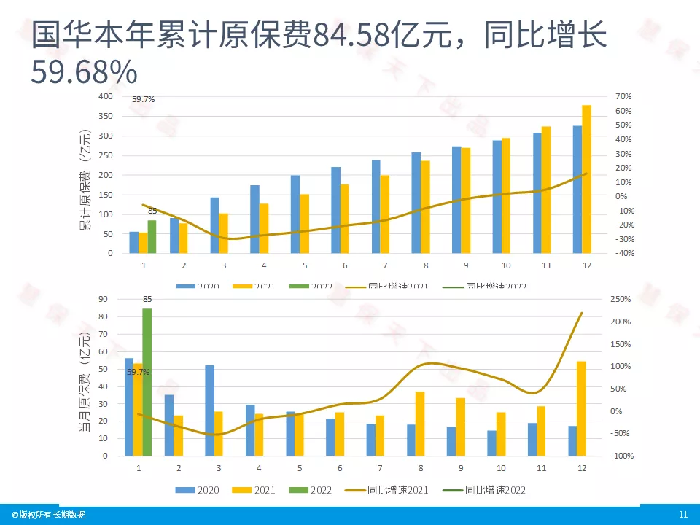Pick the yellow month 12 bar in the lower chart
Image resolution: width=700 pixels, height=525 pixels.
(581, 408)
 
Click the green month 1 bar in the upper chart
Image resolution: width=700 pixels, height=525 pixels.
(152, 236)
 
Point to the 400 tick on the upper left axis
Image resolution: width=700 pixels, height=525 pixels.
(106, 96)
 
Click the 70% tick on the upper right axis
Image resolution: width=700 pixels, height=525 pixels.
(623, 96)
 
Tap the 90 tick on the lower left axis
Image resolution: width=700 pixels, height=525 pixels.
(103, 299)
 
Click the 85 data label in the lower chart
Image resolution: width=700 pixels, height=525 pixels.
(147, 299)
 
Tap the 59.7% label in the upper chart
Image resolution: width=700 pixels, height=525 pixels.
(143, 99)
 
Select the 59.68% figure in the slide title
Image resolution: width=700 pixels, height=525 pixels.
(84, 71)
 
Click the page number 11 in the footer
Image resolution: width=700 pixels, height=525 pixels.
(683, 515)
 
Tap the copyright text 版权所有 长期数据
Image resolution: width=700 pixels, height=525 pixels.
(49, 515)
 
